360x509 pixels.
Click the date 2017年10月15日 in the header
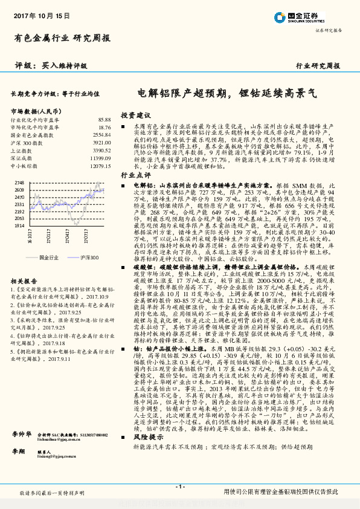point(41,14)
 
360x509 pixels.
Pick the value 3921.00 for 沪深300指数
point(102,143)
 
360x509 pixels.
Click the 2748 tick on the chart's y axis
point(18,183)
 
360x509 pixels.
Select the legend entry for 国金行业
point(49,257)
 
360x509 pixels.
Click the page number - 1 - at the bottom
point(179,487)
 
